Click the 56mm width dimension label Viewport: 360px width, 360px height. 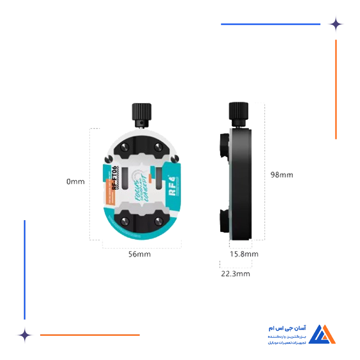(139, 255)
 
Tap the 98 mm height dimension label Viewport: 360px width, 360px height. (282, 175)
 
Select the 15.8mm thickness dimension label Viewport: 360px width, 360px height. (244, 254)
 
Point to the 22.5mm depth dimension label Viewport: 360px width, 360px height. (236, 274)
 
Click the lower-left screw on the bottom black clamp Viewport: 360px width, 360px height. (124, 222)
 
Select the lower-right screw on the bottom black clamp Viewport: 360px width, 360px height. (158, 222)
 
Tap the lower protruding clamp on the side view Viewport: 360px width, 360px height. (225, 220)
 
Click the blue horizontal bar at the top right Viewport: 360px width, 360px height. (269, 24)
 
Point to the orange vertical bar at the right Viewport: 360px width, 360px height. (335, 87)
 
